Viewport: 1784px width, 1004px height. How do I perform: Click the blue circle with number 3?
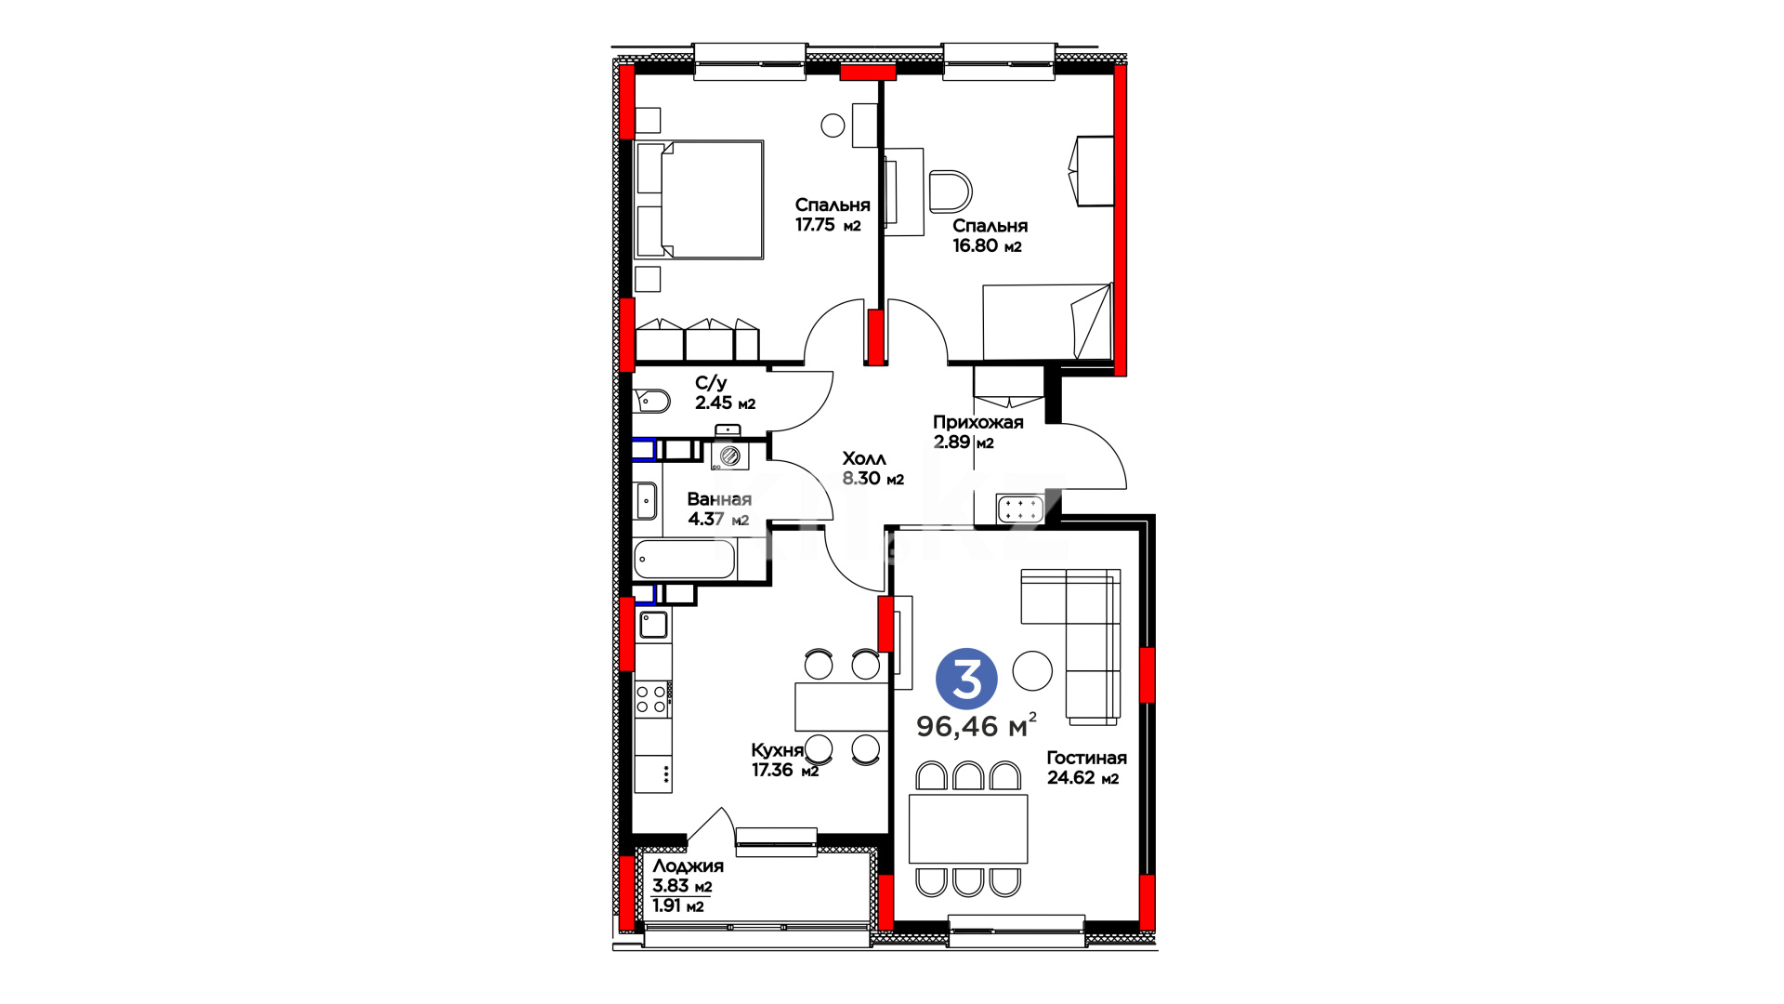tap(966, 679)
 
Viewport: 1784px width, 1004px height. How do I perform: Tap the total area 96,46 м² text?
tap(977, 725)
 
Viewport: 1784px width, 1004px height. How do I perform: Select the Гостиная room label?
tap(1086, 758)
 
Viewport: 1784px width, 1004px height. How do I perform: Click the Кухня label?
tap(777, 750)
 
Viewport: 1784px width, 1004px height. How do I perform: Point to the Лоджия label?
tap(688, 866)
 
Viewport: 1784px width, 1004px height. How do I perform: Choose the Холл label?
tap(864, 458)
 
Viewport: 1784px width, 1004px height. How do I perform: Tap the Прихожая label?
tap(978, 422)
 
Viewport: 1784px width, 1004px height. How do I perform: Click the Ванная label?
tap(719, 499)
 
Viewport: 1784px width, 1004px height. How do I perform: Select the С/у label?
tap(711, 383)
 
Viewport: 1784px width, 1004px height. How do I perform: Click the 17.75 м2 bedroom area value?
tap(828, 225)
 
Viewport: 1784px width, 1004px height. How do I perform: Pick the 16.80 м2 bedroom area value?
tap(987, 245)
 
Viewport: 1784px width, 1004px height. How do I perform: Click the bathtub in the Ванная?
tap(685, 561)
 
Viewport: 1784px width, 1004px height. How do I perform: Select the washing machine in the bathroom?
tap(729, 456)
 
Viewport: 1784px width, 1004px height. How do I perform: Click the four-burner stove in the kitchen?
tap(651, 699)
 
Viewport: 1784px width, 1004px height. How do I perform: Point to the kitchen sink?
tap(652, 625)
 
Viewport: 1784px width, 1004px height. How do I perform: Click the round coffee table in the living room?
tap(1032, 669)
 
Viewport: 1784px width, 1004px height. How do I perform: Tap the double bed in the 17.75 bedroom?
tap(700, 200)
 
